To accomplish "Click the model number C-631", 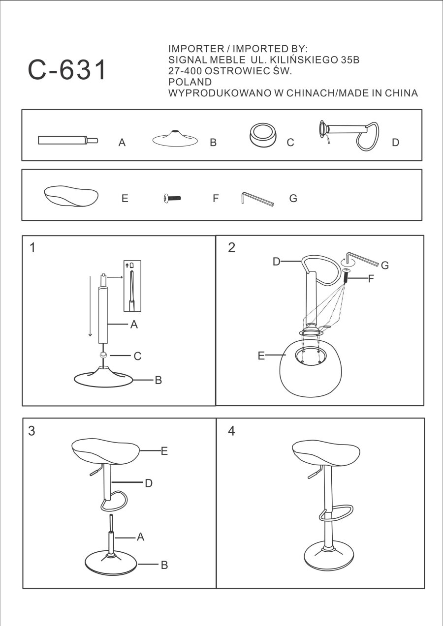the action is click(x=67, y=70).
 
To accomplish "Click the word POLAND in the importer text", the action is click(x=190, y=82).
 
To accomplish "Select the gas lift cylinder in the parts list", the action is click(x=68, y=140).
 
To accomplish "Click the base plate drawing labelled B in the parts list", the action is click(x=175, y=138).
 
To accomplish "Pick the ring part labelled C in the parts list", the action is click(x=262, y=135).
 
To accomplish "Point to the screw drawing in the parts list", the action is click(x=172, y=198).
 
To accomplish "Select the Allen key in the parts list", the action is click(x=257, y=199).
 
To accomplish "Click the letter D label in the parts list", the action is click(x=395, y=143).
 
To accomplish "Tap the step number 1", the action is click(x=32, y=248).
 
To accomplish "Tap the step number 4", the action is click(x=231, y=431).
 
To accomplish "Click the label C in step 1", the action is click(x=137, y=356).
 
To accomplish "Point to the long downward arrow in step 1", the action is click(x=90, y=306).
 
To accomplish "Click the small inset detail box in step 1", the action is click(x=132, y=286).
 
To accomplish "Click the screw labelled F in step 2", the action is click(x=346, y=276).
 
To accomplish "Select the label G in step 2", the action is click(x=385, y=265).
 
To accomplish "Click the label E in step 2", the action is click(x=261, y=356).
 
